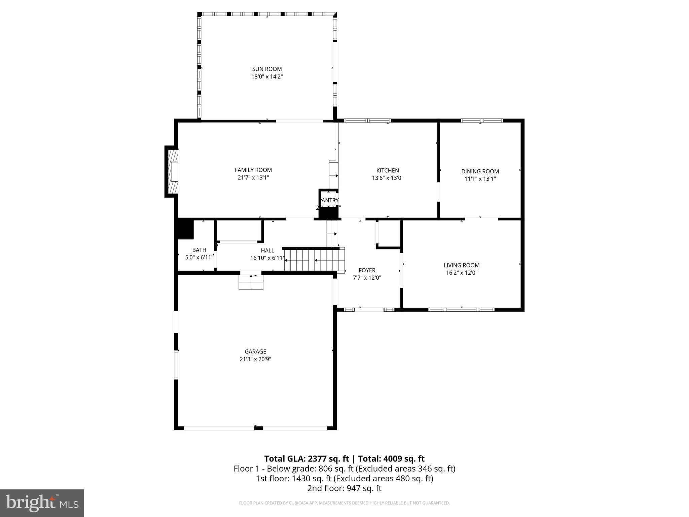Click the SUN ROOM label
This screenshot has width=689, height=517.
[x=267, y=69]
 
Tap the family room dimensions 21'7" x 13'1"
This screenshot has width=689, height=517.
[x=253, y=178]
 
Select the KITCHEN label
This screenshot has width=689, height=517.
[x=388, y=171]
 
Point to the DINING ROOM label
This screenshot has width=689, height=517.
[x=480, y=171]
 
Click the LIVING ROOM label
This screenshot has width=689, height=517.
[x=462, y=265]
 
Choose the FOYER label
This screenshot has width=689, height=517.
[x=367, y=270]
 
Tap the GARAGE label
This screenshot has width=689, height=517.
[x=255, y=352]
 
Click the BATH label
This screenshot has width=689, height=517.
[x=199, y=250]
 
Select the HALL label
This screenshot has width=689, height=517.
[x=267, y=250]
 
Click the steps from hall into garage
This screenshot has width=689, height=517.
[x=251, y=282]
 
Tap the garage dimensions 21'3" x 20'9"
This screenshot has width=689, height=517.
[x=255, y=359]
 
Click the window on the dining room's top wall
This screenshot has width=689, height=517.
[x=481, y=120]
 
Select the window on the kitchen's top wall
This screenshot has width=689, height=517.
[x=367, y=120]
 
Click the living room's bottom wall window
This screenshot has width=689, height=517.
[x=461, y=309]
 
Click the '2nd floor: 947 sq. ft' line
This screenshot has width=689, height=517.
[x=344, y=488]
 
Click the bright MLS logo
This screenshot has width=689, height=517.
[x=42, y=503]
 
